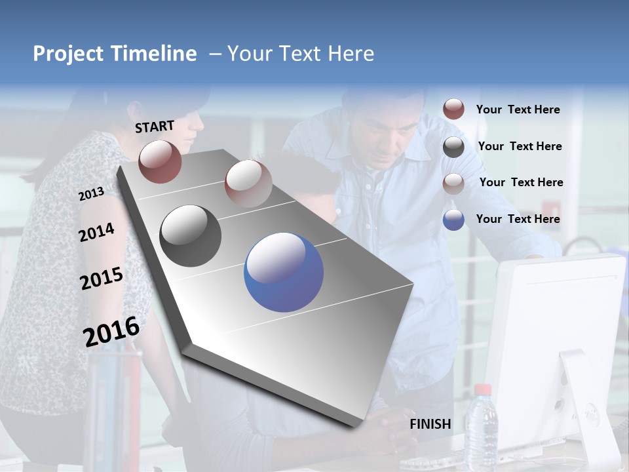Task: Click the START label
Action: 155,127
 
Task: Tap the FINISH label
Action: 430,424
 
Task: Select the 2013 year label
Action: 91,194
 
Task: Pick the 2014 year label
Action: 96,233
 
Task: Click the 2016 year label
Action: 111,331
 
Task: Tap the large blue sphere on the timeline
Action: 284,272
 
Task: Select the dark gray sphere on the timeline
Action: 191,236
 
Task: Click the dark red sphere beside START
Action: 160,161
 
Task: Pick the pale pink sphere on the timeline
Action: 248,183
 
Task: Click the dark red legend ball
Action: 453,109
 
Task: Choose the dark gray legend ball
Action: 453,147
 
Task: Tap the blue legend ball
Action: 453,220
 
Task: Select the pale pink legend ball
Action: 453,184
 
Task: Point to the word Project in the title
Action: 67,54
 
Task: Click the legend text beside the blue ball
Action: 518,219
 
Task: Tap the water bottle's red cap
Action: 482,390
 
